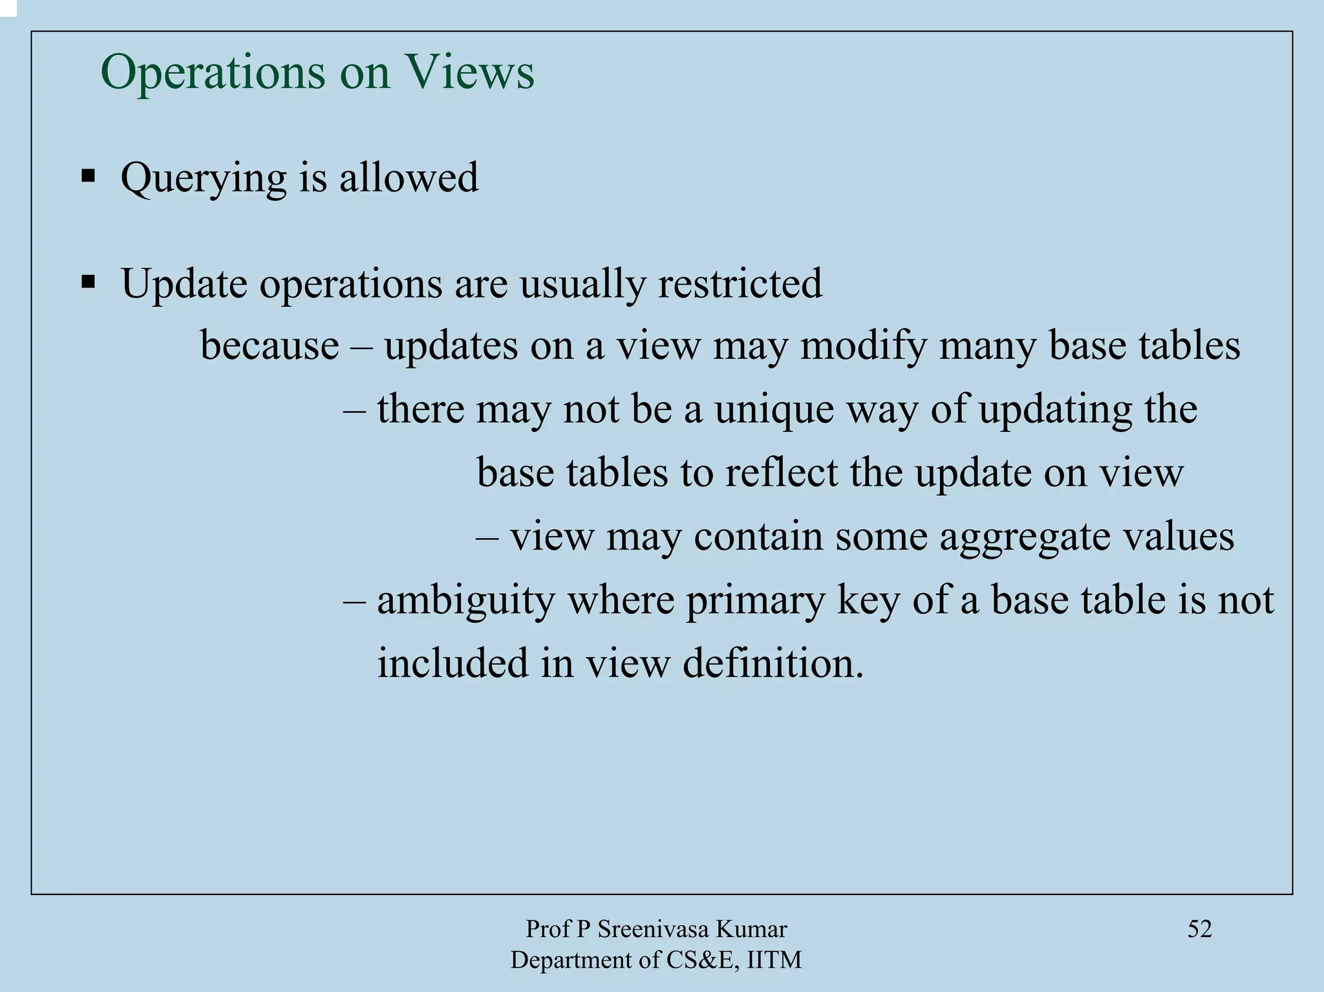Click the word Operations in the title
click(213, 72)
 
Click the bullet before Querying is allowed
click(88, 176)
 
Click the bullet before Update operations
click(88, 282)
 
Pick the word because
click(270, 345)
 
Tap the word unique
click(774, 410)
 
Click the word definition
click(773, 663)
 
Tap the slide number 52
click(1199, 929)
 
